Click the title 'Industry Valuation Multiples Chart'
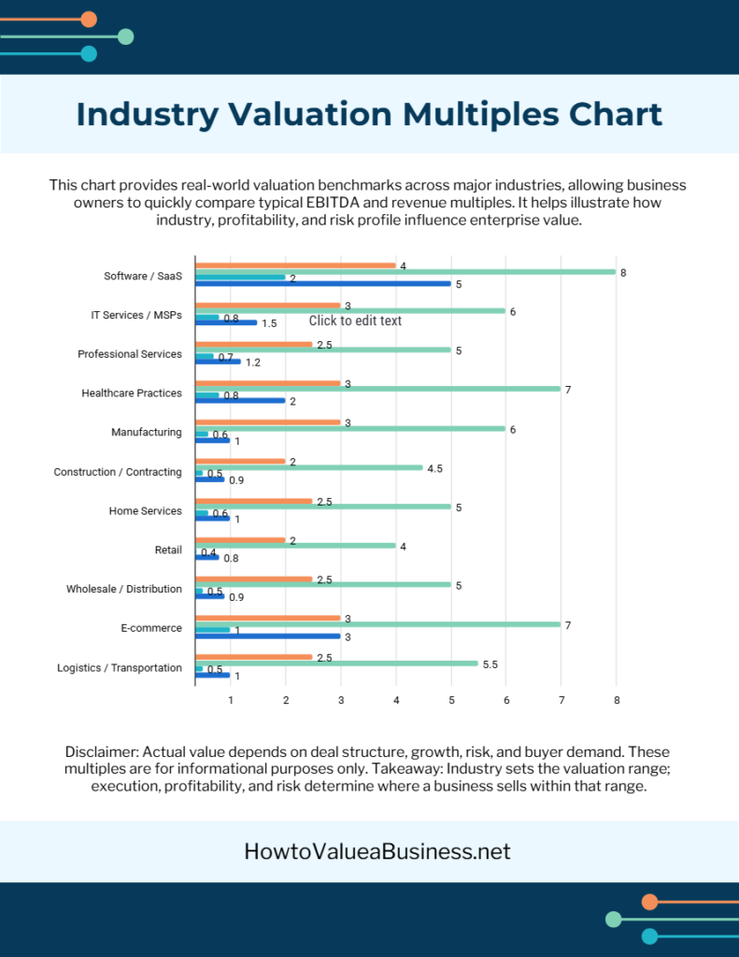coord(369,114)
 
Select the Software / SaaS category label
coord(143,276)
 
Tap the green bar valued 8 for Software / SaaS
coord(405,272)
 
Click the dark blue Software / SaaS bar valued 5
coord(322,283)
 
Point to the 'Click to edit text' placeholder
coord(355,321)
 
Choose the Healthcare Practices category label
coord(132,393)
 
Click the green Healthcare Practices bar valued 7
coord(377,389)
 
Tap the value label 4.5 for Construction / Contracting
coord(434,468)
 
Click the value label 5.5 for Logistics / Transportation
coord(490,664)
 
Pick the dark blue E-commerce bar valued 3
coord(267,636)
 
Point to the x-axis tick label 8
coord(616,699)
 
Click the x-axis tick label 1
coord(230,699)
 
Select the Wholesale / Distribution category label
coord(123,590)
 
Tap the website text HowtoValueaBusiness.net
coord(377,851)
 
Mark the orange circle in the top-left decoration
coord(89,19)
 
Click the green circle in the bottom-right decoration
coord(614,919)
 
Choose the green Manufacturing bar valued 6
coord(349,429)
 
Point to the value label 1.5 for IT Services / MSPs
coord(269,323)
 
